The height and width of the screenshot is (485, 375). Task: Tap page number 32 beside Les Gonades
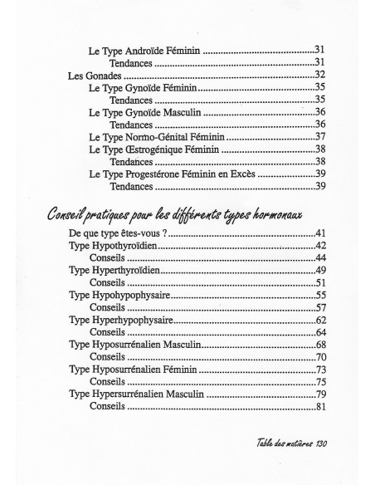319,75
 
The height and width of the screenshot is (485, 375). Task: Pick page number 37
319,136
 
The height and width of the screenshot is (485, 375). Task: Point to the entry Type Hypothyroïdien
113,247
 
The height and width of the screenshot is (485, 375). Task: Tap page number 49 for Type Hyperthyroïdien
319,271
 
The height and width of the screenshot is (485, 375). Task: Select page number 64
319,332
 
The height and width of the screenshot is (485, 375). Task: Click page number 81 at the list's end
319,406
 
